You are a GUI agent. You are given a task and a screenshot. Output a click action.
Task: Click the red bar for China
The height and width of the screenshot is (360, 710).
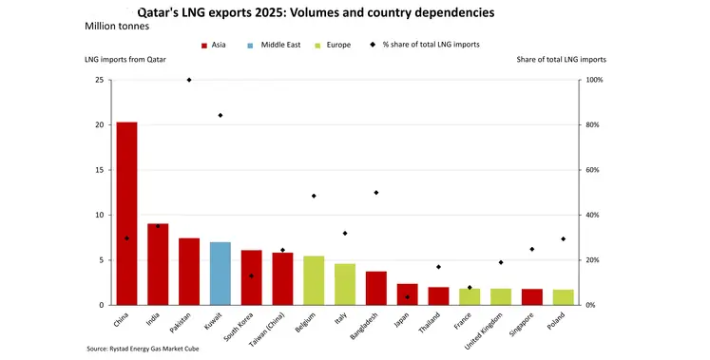click(126, 214)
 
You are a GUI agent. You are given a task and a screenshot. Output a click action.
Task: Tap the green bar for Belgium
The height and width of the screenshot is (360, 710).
click(314, 280)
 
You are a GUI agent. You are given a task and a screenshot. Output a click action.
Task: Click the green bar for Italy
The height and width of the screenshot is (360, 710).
click(345, 284)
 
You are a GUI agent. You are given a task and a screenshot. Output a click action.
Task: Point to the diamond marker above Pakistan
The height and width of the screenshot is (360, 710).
click(189, 80)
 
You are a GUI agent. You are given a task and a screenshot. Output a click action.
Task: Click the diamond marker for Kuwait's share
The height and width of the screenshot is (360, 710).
click(221, 115)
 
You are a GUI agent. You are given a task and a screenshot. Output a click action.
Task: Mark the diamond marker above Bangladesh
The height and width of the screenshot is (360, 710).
click(376, 193)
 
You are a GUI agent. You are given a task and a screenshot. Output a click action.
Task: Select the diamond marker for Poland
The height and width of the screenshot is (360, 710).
click(564, 238)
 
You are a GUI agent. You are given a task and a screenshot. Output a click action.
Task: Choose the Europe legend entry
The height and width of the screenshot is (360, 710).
click(355, 45)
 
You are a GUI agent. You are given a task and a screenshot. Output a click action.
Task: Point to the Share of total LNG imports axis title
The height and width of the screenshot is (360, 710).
click(561, 60)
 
